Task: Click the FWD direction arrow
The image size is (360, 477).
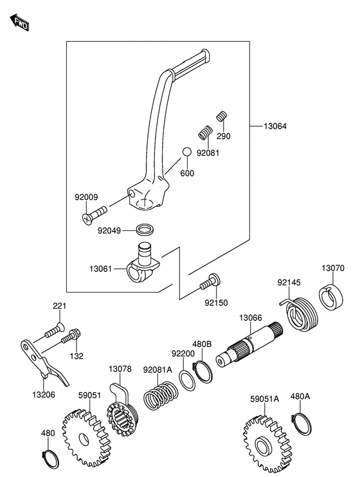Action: click(x=19, y=22)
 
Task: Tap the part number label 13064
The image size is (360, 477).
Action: click(x=275, y=126)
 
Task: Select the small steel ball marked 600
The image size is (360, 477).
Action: click(x=187, y=152)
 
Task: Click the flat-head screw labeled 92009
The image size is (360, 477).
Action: click(x=94, y=214)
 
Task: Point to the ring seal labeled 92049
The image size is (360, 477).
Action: click(x=144, y=230)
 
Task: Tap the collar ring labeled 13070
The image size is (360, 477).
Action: click(x=332, y=297)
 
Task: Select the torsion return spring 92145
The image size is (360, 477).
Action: click(x=300, y=314)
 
